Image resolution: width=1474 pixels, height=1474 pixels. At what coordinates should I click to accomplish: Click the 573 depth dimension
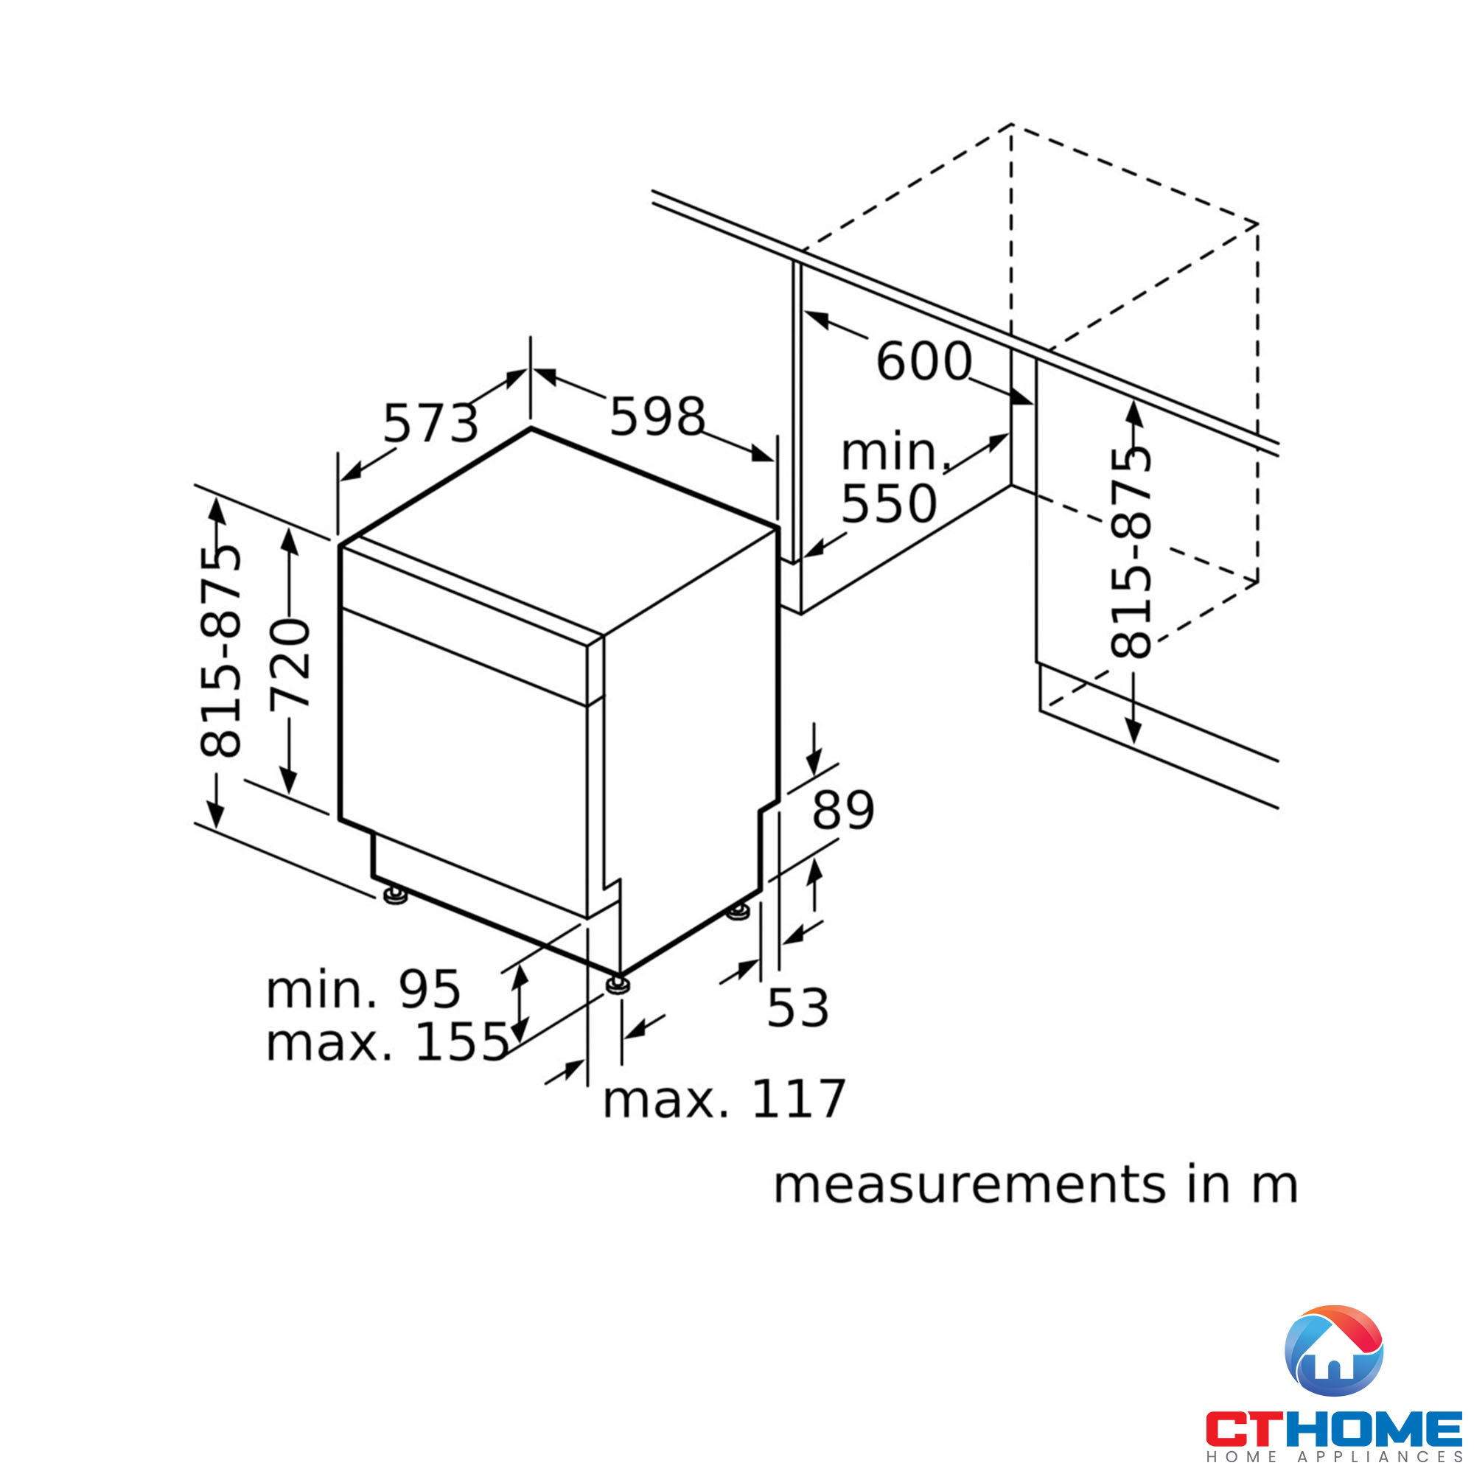430,424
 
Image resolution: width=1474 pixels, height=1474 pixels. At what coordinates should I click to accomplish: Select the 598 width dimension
657,416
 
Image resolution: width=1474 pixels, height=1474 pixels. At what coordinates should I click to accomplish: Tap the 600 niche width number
924,361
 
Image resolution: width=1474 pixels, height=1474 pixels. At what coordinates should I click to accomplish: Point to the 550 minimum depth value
889,503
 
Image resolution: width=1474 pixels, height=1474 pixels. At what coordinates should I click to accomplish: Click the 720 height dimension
290,665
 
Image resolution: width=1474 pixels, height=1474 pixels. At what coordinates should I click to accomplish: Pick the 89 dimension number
843,810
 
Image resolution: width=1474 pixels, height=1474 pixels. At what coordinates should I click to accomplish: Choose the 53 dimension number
798,1007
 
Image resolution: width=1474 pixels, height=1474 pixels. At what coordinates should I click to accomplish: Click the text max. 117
724,1100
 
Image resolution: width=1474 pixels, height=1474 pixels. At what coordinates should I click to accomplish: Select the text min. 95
363,991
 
